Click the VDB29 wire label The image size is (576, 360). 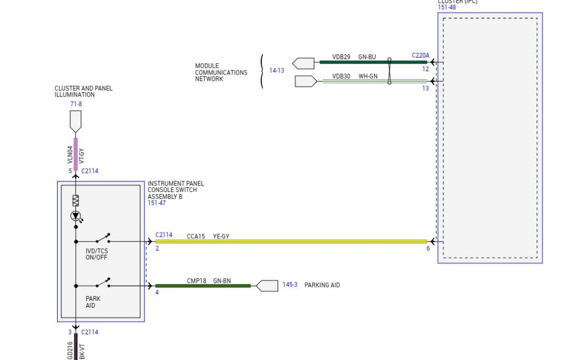point(341,56)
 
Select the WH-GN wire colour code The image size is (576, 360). point(367,76)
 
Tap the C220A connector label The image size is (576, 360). point(420,55)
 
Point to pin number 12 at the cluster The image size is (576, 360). point(425,69)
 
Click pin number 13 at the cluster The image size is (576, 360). point(425,89)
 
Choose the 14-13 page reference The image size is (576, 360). point(276,70)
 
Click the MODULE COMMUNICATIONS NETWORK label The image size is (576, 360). point(221,73)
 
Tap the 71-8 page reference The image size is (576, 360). point(76,104)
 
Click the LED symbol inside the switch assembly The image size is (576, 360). point(76,215)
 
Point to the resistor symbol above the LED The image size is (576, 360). point(76,201)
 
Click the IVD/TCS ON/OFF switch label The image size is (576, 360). point(97,254)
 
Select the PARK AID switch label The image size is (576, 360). point(93,302)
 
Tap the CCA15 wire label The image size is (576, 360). point(196,236)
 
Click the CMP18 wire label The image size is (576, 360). point(196,280)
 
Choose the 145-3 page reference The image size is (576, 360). point(290,285)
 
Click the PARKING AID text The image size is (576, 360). point(322,285)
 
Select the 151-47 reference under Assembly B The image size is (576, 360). point(157,203)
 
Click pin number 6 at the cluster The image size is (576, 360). point(428,249)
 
